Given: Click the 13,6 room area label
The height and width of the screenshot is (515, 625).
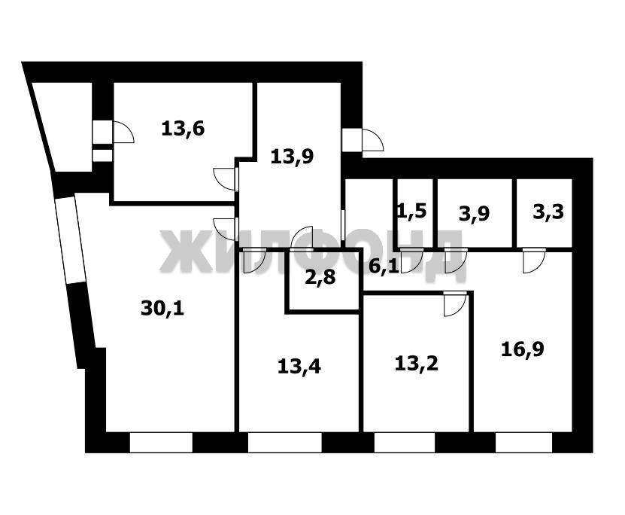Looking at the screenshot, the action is point(183,130).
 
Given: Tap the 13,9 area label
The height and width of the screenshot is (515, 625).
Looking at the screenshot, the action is point(292,157).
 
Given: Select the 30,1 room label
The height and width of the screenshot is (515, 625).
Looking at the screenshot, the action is point(162,309).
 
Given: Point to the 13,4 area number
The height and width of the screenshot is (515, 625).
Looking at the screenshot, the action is point(299,367).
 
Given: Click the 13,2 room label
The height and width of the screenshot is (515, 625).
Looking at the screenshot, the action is point(417,364).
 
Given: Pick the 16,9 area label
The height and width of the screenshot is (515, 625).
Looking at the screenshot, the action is point(523,349).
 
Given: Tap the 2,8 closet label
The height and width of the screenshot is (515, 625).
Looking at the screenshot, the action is point(320,277).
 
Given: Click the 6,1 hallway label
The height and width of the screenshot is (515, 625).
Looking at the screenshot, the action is point(384,267).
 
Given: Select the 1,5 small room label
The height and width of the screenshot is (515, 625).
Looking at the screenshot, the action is point(412,210).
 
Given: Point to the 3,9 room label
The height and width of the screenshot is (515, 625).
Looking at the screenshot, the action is point(475,215).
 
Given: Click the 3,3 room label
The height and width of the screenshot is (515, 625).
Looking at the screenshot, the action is point(548,212).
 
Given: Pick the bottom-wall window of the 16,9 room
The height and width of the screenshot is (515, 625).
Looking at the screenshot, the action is point(523,443).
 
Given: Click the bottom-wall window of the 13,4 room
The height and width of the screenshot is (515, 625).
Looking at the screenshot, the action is point(284,443).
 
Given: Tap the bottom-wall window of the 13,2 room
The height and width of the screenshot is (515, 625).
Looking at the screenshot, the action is point(405,443).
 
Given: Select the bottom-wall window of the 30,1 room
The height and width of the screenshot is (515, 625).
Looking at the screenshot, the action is point(161,443).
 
